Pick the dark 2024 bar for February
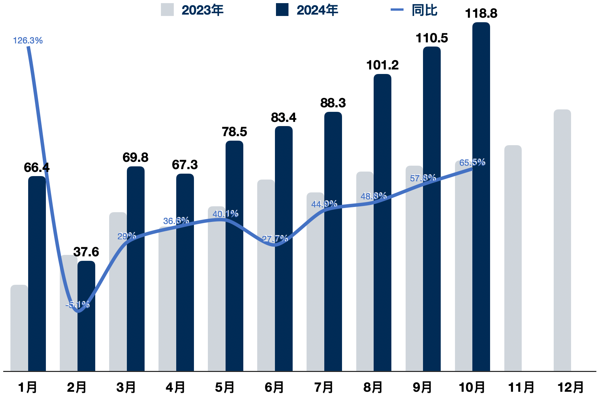[x=86, y=333]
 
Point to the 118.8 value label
[x=481, y=14]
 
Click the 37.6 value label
[x=86, y=252]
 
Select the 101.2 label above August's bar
[x=382, y=65]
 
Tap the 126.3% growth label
[x=28, y=41]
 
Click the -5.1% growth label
[x=78, y=305]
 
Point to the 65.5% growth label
[x=472, y=163]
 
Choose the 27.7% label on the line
[x=275, y=239]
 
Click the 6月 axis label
[x=274, y=387]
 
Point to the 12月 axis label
[x=570, y=387]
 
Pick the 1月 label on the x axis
[x=27, y=387]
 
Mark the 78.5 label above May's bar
[x=234, y=132]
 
